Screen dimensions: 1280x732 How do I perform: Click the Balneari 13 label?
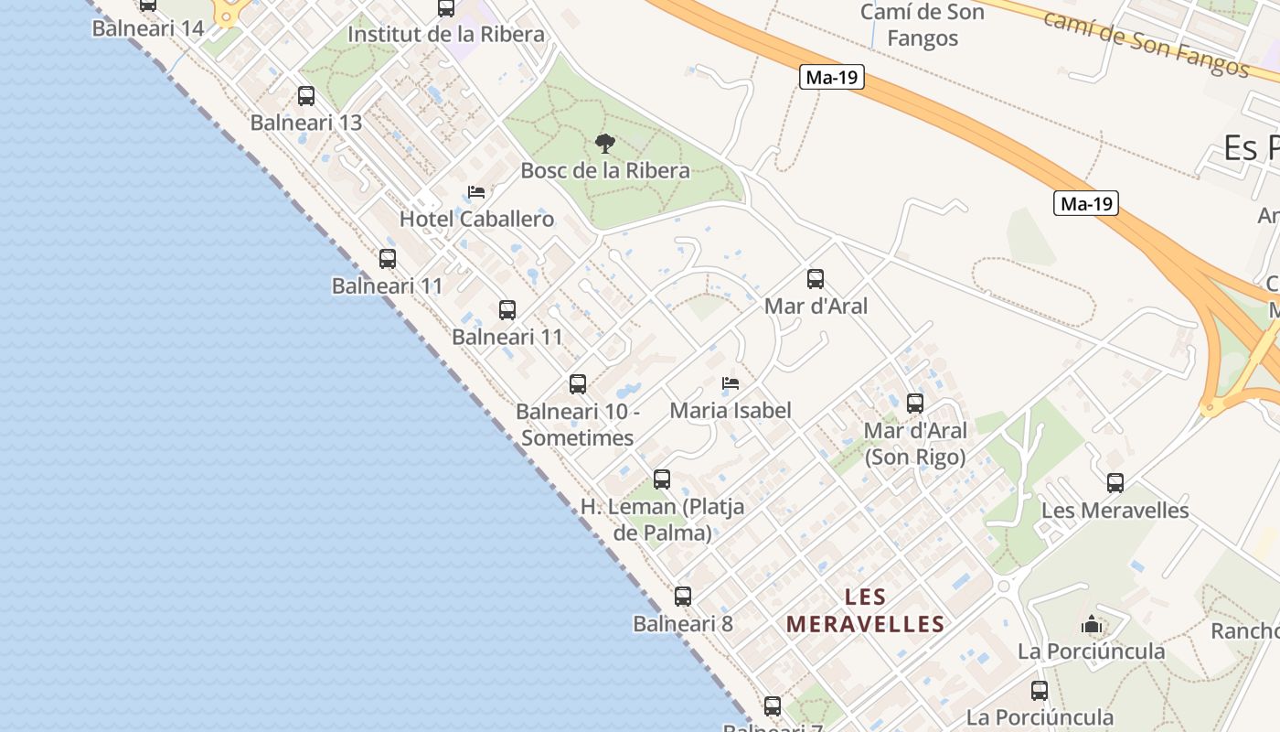306,123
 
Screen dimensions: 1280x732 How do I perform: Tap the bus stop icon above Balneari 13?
306,95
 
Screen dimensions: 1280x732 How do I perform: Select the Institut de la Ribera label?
446,35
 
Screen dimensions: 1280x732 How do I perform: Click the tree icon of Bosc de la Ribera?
604,143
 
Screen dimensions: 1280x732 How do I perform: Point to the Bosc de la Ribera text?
604,170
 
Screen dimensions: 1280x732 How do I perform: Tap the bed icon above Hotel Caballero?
476,192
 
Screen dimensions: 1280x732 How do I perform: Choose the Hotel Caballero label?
476,220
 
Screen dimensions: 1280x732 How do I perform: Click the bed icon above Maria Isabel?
731,383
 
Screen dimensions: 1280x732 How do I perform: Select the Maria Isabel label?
731,411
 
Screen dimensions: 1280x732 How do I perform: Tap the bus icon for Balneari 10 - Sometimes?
578,384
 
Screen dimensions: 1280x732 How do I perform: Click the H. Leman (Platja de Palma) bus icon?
662,479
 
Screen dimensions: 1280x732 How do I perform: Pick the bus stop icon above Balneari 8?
683,597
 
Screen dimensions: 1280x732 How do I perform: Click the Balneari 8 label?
683,624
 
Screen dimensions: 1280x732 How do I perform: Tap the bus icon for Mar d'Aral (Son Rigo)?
915,403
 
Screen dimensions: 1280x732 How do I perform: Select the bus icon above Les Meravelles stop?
1115,483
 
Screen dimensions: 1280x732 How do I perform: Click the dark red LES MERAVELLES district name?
865,611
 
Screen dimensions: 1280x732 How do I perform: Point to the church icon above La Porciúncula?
1091,625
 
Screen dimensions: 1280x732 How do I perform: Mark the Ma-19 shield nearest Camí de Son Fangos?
832,77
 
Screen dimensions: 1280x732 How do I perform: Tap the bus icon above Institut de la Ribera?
446,8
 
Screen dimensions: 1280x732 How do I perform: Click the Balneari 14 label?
148,28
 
